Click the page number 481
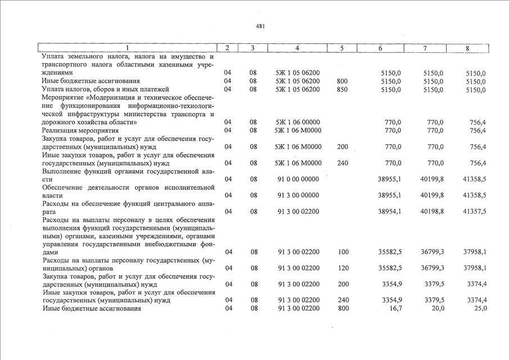pos(260,26)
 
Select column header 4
pos(297,48)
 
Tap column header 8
pos(467,48)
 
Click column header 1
pos(127,48)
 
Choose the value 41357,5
pos(474,211)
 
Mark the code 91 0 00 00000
pos(298,179)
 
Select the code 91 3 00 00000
pos(298,195)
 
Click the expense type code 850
pos(342,89)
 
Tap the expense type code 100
pos(344,252)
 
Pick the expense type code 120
pos(344,268)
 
